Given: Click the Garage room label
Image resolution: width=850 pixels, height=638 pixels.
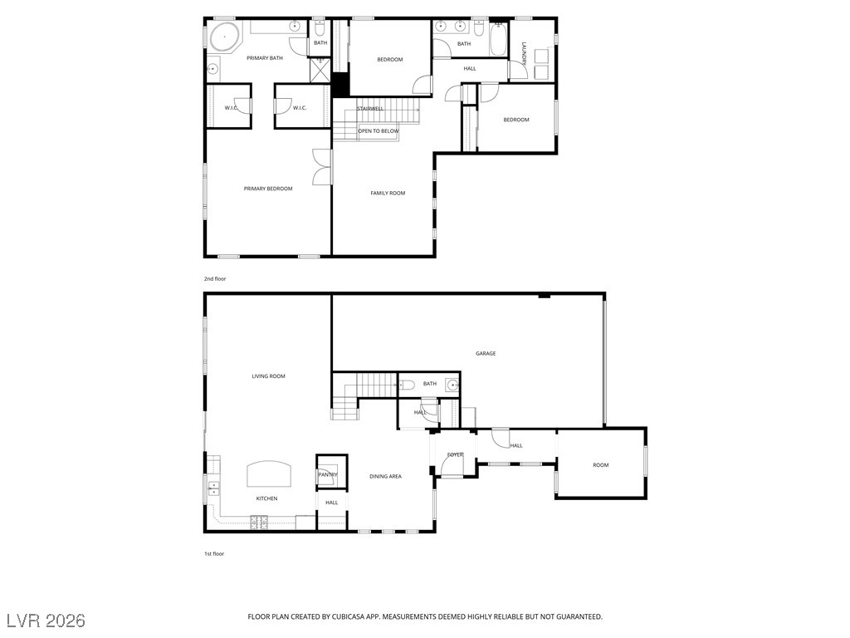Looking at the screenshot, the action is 485,354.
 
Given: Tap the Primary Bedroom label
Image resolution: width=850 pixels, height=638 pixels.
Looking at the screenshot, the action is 268,189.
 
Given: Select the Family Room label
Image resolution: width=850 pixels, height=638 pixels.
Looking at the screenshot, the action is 388,193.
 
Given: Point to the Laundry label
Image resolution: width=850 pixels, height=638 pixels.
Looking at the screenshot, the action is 525,53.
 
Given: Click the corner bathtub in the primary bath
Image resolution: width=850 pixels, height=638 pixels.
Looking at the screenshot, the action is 224,37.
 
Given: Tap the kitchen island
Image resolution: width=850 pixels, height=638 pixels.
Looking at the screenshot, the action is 270,474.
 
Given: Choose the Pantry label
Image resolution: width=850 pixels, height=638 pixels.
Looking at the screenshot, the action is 327,474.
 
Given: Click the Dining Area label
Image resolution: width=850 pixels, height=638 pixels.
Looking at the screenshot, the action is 385,476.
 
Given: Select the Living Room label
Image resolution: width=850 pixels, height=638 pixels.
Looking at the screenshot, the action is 268,376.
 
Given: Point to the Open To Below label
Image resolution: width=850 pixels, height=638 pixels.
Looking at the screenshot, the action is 378,131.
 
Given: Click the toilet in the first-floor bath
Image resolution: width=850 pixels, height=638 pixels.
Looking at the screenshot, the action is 407,385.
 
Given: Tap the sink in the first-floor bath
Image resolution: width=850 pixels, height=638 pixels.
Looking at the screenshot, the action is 452,385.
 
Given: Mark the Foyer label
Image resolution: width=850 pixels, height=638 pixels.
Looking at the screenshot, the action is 455,454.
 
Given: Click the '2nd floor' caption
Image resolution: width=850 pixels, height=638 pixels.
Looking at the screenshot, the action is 215,279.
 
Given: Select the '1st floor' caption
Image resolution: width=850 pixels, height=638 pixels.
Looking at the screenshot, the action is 213,554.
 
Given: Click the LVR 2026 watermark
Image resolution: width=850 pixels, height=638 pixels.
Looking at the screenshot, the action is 46,621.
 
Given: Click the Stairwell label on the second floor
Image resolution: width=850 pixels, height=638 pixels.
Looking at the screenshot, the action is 370,109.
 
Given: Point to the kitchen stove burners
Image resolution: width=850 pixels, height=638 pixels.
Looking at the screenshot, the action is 259,523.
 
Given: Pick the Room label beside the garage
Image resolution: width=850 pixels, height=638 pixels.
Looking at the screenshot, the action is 601,465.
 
